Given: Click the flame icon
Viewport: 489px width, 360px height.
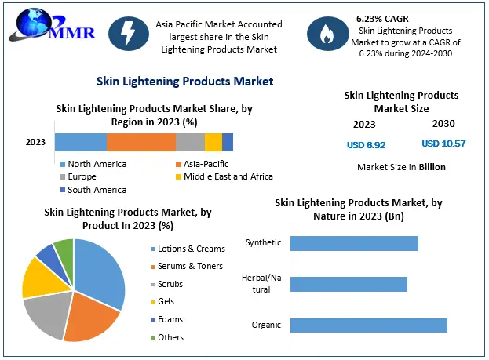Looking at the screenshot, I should (x=325, y=32).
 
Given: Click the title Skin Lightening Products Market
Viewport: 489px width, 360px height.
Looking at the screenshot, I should (x=184, y=81).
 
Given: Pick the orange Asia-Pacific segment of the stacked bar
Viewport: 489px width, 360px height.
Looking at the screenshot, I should (x=140, y=142).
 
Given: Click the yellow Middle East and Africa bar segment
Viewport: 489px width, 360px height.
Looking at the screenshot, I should (x=213, y=142).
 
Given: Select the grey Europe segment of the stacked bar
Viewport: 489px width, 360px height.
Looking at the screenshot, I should (x=190, y=142).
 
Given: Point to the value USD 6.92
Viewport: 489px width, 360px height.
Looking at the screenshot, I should (x=366, y=145).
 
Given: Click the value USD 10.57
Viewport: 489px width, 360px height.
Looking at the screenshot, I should (x=443, y=144).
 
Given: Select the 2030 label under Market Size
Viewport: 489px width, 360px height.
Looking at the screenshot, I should (x=443, y=124).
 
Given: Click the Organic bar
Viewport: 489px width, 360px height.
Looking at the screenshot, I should (x=368, y=325).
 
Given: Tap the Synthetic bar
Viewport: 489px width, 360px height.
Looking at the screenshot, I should (x=354, y=242).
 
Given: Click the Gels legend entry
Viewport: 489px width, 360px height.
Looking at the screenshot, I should (x=166, y=301).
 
